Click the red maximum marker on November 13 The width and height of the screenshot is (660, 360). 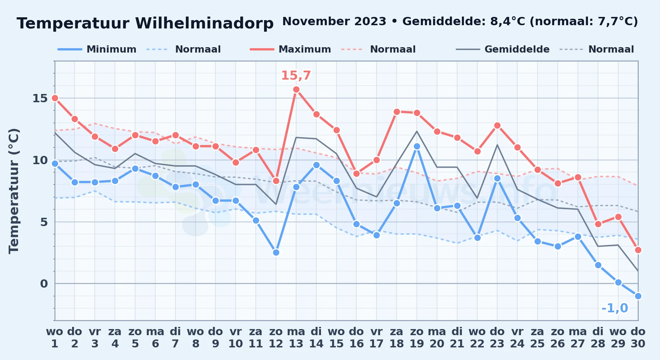point(296,89)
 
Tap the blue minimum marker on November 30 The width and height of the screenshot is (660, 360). point(638,296)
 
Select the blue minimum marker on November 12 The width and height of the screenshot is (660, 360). point(276,252)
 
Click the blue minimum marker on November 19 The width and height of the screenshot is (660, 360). point(417,147)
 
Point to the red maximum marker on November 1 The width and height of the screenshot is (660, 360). point(55,98)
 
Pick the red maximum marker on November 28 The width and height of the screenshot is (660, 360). point(598,224)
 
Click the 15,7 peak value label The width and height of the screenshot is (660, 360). point(296,76)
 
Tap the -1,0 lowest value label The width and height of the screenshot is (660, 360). point(615,308)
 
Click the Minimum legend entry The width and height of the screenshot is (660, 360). point(97,49)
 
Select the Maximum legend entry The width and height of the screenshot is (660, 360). point(290,49)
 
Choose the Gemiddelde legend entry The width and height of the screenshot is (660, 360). point(503,49)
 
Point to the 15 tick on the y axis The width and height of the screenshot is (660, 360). point(40,98)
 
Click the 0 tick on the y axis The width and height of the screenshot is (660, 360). point(44,284)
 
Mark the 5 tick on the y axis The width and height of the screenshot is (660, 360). point(44,222)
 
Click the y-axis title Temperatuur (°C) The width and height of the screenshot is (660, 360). point(14,191)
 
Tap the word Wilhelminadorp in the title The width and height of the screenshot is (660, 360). point(204,23)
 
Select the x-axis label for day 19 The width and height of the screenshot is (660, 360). point(417,338)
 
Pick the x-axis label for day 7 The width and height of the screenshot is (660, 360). point(175,338)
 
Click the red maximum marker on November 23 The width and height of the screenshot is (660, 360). point(497,125)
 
